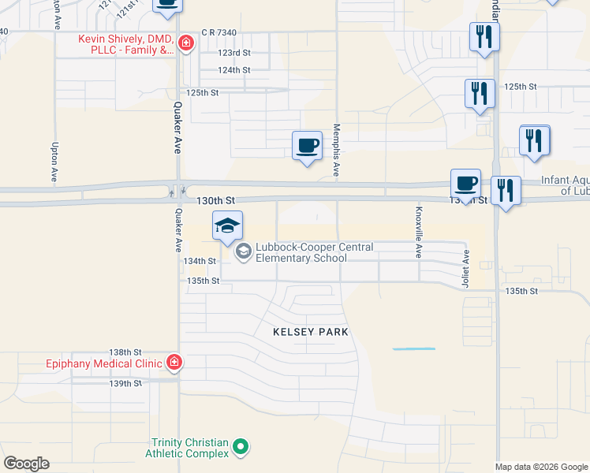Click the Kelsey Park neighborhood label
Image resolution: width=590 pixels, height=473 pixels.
point(310,333)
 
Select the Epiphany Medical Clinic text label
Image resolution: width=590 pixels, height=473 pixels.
point(103,363)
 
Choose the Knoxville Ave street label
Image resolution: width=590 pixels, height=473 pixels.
point(419,233)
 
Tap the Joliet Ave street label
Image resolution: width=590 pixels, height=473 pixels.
point(466,269)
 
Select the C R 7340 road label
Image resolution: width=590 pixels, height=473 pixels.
point(218,32)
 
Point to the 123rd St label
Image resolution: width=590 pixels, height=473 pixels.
point(234,53)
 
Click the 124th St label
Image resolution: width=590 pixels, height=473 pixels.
point(234,70)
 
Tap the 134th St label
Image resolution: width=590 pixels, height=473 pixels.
point(200,261)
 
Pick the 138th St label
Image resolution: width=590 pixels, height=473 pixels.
point(125,352)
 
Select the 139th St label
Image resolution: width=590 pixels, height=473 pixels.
point(125,384)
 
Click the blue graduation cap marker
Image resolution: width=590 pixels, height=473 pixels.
point(227,226)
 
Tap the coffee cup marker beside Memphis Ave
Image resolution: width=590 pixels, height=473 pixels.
point(308,145)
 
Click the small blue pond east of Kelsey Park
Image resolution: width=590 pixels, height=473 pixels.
point(413,348)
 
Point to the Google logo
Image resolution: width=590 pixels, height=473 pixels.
point(26,464)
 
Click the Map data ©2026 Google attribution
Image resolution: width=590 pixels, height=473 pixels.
point(541,467)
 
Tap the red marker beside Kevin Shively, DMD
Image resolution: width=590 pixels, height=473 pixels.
point(186,43)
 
